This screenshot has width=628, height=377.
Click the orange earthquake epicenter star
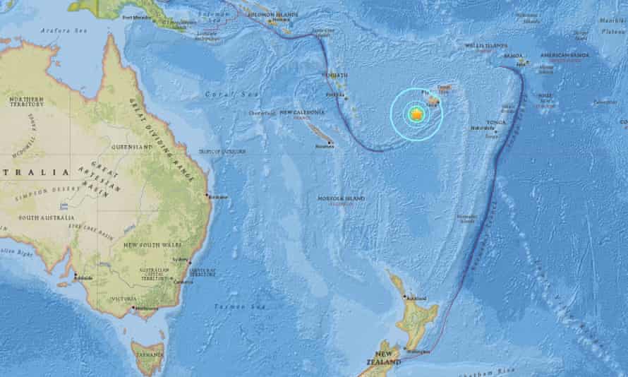tap(416, 113)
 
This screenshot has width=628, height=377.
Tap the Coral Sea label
tap(219, 94)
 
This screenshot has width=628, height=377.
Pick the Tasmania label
tap(150, 354)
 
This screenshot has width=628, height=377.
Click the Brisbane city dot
tap(207, 196)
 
